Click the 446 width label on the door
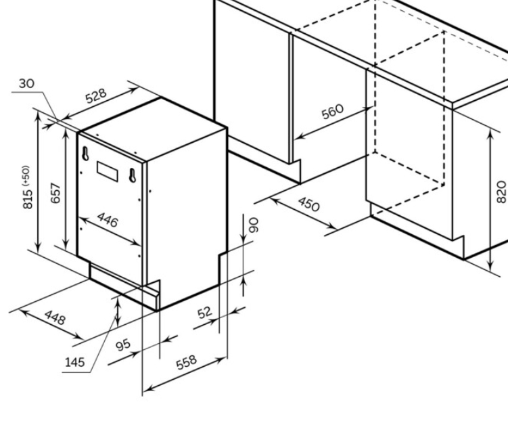[x=108, y=220]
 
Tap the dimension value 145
[x=74, y=362]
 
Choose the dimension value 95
[x=123, y=345]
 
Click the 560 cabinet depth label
[x=332, y=112]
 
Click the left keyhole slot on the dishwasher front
[x=86, y=153]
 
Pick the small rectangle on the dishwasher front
[x=108, y=169]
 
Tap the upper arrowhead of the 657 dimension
[x=66, y=133]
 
